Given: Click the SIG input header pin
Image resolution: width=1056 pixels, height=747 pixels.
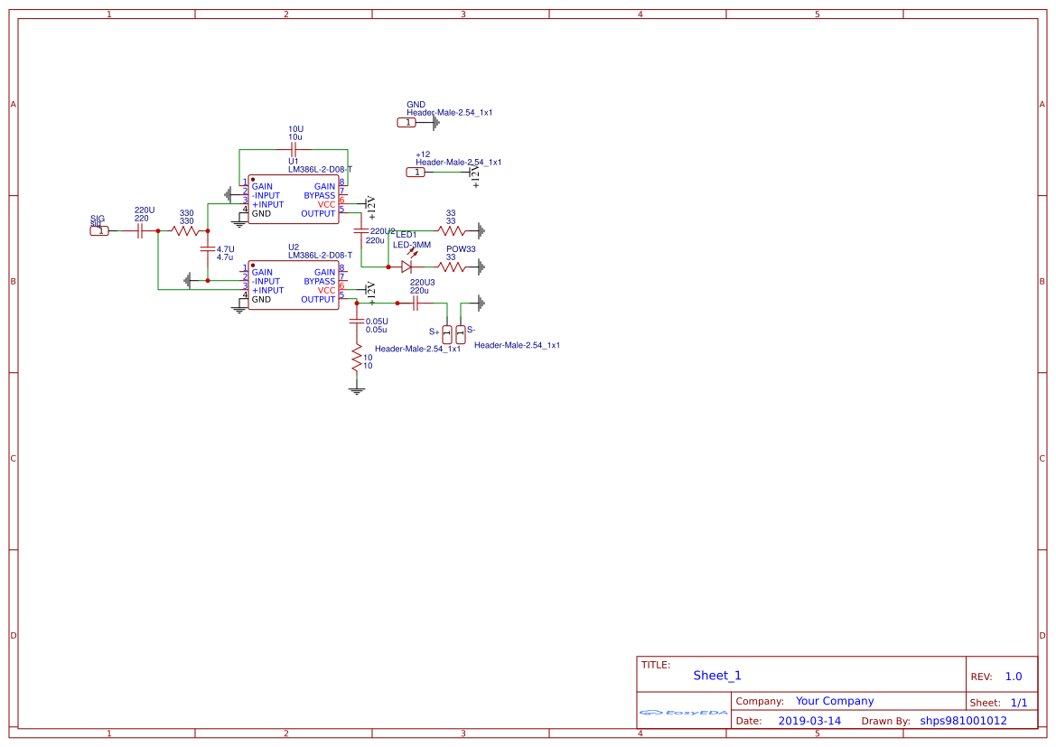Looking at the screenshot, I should coord(100,231).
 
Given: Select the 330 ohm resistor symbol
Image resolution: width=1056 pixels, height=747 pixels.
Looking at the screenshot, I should coord(186,231).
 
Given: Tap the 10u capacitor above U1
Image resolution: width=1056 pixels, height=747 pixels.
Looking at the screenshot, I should coord(293,149).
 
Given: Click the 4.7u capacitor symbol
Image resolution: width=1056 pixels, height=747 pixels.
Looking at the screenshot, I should coord(208,248).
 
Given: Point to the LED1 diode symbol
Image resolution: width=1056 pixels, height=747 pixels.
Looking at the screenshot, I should coord(407,266).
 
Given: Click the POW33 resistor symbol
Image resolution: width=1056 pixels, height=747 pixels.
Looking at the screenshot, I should coord(452,266).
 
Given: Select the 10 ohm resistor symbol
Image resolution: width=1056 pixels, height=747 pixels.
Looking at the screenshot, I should coord(357,361).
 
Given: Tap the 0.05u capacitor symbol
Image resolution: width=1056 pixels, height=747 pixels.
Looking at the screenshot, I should coord(357,322).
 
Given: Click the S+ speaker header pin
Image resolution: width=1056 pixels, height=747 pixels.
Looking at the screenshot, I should coord(447,333).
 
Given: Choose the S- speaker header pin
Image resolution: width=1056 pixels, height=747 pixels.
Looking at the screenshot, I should coord(461,333).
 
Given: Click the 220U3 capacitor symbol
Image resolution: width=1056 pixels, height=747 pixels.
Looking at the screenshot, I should coord(416,303).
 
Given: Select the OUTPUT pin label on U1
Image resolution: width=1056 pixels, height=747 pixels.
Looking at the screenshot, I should coord(318,214).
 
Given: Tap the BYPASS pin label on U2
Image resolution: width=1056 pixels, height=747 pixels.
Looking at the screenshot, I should coord(319,282).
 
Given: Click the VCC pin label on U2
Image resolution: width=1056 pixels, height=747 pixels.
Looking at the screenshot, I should coord(326,291).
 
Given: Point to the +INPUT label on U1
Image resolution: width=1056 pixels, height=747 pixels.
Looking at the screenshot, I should coord(267,205).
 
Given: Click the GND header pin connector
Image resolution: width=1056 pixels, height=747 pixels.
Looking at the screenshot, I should coord(407,122).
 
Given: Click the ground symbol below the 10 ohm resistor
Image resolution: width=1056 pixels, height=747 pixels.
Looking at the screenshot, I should coord(357,390).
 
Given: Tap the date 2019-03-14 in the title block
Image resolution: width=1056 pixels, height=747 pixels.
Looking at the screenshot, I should coord(809,721).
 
